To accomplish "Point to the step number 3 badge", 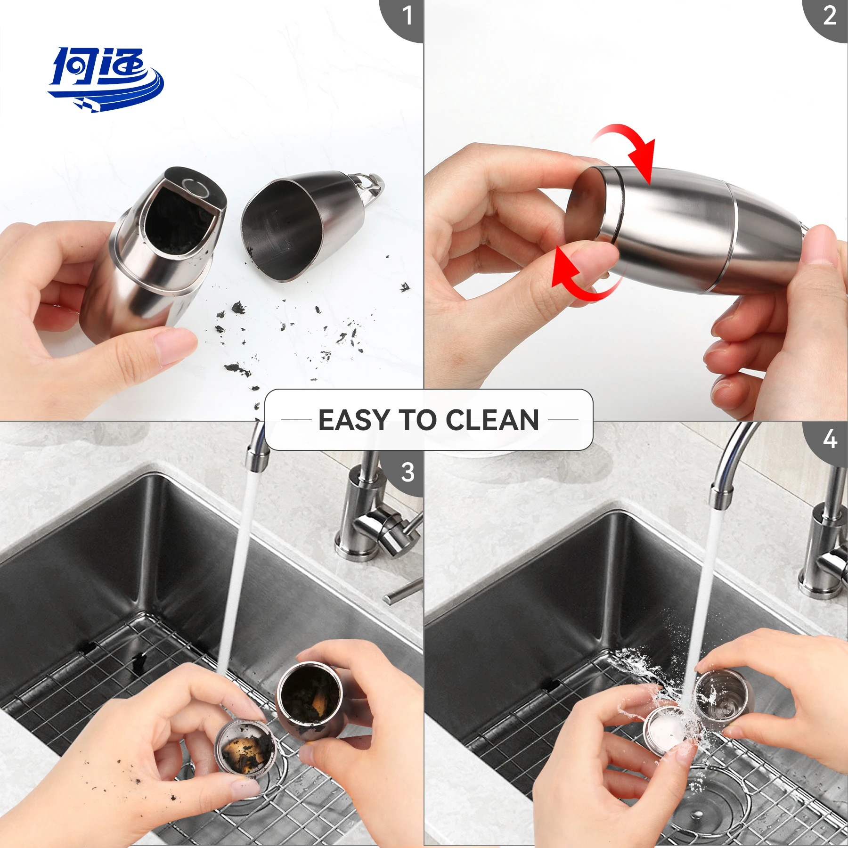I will pos(407,473).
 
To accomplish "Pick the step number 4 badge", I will pos(829,440).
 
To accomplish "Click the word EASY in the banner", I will pos(354,420).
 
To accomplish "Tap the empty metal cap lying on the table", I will pos(297,226).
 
